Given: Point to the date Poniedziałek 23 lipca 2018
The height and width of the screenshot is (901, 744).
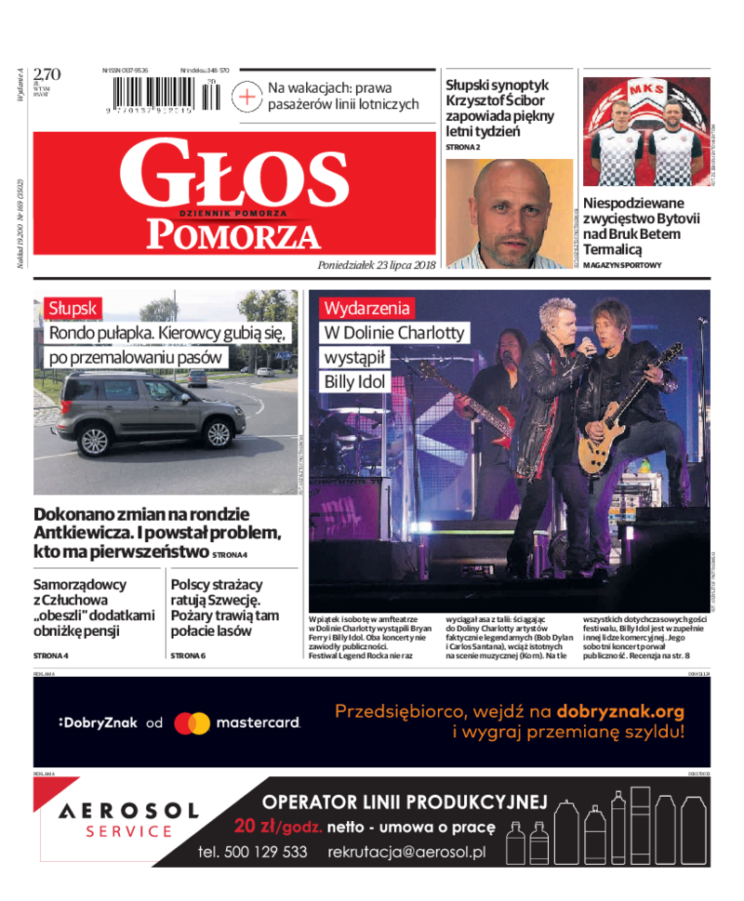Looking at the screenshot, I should coord(376,265).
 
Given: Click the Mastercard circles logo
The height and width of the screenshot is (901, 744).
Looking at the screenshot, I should coord(193,722).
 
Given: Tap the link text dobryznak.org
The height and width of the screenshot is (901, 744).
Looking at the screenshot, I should coord(620,712).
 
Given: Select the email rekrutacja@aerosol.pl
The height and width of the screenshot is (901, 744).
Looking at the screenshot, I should coord(405,852).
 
